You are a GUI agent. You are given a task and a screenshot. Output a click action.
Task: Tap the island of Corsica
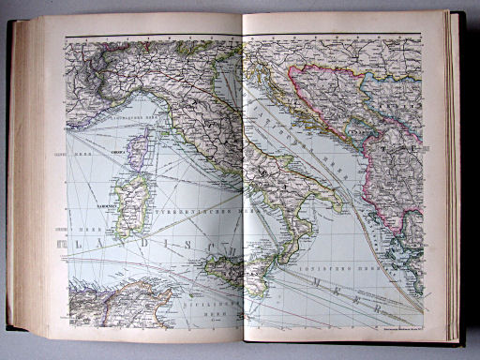[139, 150]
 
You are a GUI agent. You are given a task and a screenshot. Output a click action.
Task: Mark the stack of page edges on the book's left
[22, 178]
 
